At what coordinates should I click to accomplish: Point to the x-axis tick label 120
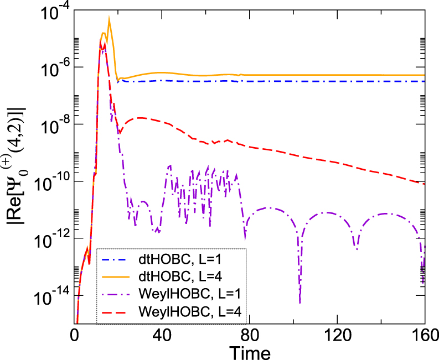(x=337, y=336)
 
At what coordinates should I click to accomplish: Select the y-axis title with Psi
(x=16, y=166)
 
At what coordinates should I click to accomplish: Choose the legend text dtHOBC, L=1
(x=174, y=259)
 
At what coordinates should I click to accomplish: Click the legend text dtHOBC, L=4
(x=174, y=276)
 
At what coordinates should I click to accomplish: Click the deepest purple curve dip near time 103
(x=299, y=301)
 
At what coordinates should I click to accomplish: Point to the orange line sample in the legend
(x=117, y=276)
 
